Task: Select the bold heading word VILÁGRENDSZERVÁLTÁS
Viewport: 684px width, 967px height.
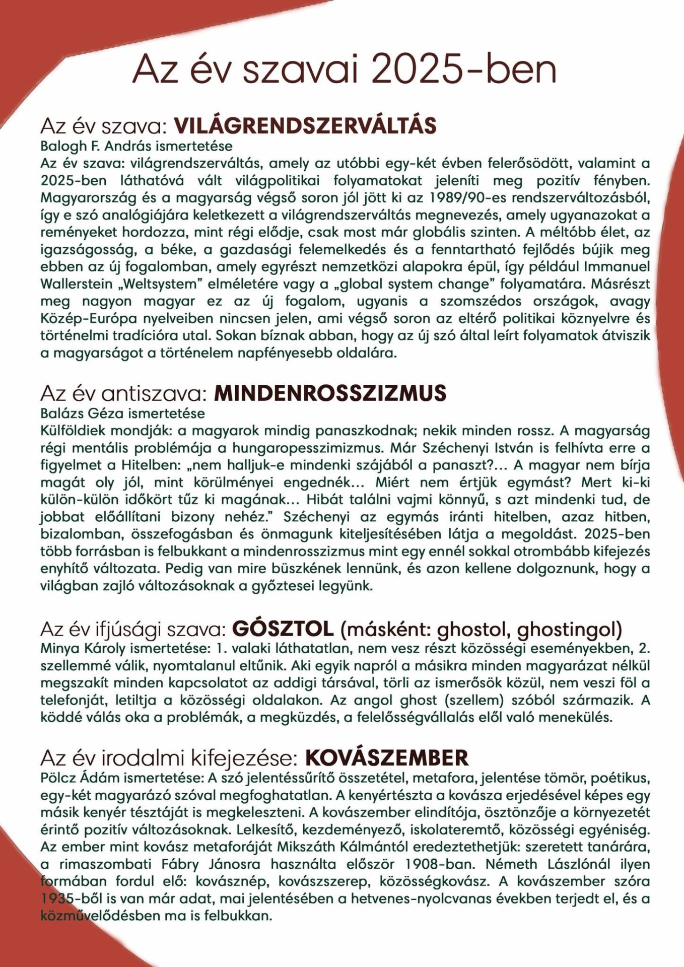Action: (x=305, y=126)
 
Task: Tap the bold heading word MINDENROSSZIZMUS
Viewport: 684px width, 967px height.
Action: (x=330, y=393)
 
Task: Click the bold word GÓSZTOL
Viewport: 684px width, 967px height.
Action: (x=283, y=629)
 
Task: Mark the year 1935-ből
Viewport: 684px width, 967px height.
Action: (x=73, y=898)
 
